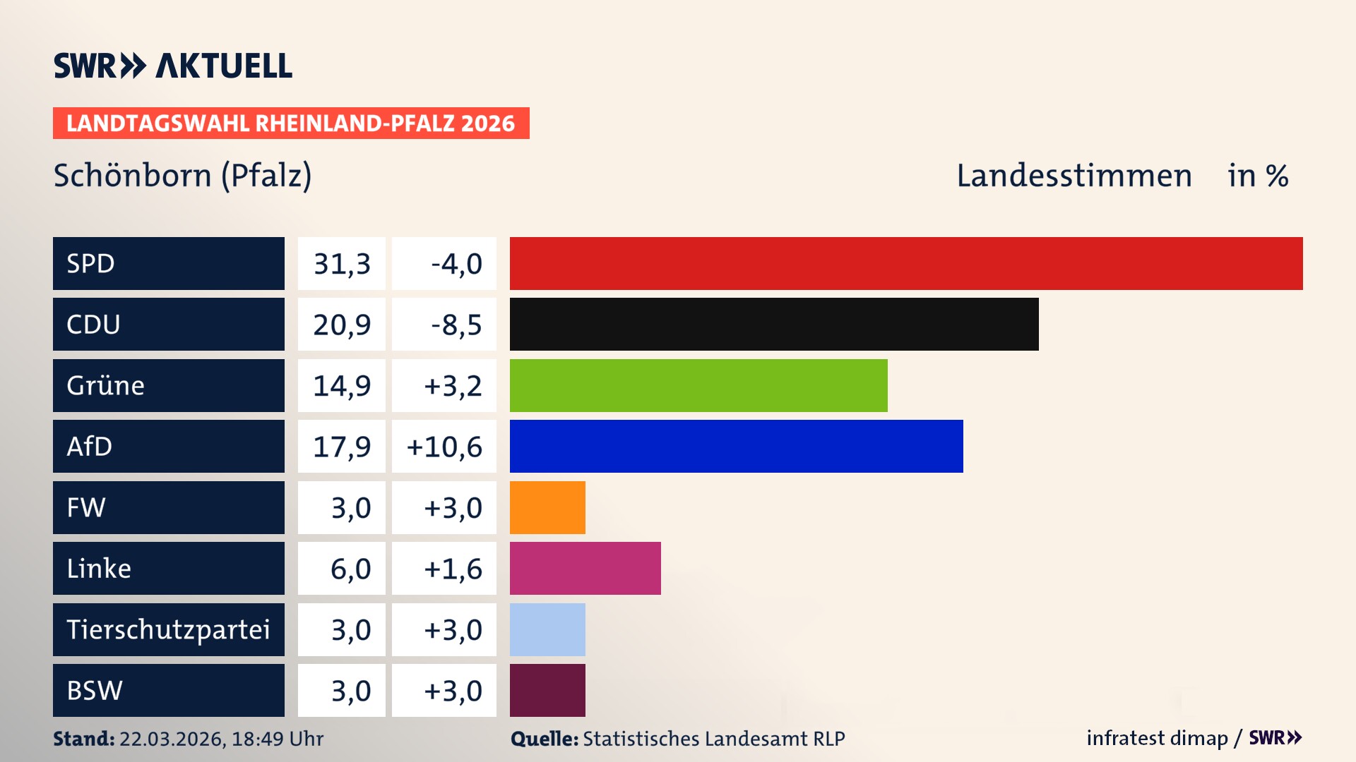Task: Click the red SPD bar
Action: (905, 263)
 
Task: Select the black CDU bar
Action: (773, 324)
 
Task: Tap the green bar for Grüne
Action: (698, 385)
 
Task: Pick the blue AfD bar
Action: (736, 446)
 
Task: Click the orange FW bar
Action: (547, 507)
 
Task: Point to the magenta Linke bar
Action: (585, 568)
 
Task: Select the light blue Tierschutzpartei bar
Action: (547, 629)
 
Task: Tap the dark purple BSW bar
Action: (547, 690)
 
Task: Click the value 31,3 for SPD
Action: (342, 264)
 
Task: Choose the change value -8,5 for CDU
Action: (456, 325)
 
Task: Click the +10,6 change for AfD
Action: (444, 447)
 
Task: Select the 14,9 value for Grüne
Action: (342, 386)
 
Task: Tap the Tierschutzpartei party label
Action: (168, 629)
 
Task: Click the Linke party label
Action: (99, 569)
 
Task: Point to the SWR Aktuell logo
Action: (173, 66)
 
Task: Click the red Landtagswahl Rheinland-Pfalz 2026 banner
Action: (291, 123)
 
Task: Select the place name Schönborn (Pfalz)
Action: (182, 176)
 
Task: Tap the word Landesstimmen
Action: (1073, 176)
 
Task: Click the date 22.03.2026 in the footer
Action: (172, 739)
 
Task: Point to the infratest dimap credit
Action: (1156, 738)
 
